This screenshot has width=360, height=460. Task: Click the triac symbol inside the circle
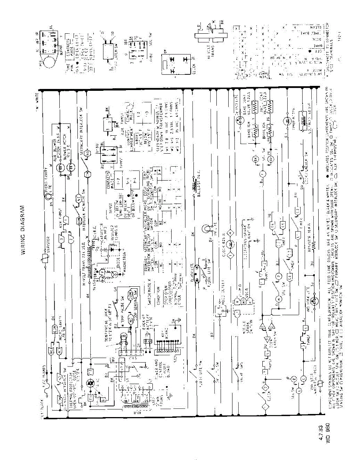click(91, 383)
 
